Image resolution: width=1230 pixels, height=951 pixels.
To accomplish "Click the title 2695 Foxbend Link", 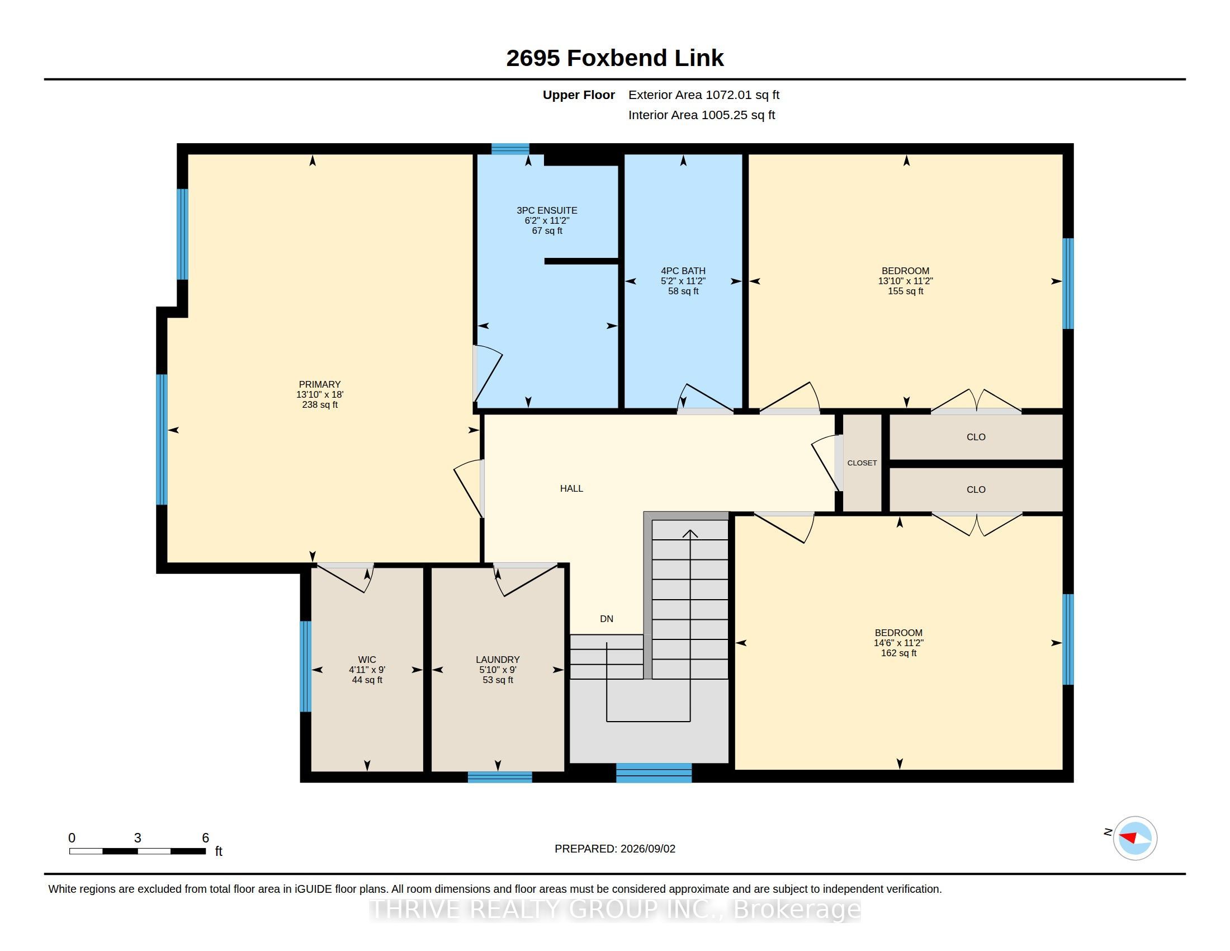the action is tap(614, 58).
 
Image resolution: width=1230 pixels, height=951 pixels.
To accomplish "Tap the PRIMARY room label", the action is tap(319, 384).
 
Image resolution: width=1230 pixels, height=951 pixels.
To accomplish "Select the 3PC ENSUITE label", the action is tap(547, 210).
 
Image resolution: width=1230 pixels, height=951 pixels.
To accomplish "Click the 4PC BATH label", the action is tap(683, 270).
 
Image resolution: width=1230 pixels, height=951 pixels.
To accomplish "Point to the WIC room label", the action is tap(367, 659).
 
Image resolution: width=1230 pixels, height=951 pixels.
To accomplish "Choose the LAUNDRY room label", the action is tap(498, 659).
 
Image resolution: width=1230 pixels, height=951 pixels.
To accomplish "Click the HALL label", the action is tap(571, 488).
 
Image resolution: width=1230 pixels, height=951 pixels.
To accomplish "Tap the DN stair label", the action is tap(607, 619).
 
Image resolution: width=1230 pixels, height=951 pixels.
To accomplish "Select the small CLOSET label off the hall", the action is tap(862, 463).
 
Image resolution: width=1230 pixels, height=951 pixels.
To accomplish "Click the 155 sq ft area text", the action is tap(906, 291).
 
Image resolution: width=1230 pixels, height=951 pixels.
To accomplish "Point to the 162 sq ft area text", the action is tap(899, 653).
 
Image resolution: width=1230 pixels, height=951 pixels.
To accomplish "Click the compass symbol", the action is tap(1135, 839).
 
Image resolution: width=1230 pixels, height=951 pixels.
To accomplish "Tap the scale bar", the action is tap(138, 851).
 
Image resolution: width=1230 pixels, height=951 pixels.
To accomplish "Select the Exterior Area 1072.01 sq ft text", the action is tap(704, 95).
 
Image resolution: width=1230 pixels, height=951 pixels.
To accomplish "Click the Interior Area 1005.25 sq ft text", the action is tap(702, 115).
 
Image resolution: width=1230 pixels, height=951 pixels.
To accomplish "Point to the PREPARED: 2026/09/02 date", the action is tap(615, 849).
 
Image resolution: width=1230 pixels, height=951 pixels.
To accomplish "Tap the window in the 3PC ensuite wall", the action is tap(510, 149).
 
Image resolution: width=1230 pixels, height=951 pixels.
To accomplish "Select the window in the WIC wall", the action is tap(305, 666).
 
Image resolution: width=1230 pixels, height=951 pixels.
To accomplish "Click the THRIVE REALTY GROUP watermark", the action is tap(615, 909).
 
